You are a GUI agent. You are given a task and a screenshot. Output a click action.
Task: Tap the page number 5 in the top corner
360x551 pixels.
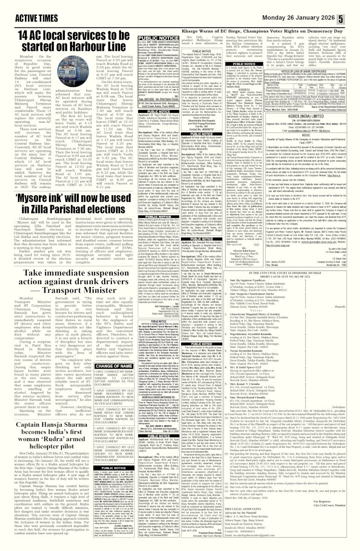tap(354, 6)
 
